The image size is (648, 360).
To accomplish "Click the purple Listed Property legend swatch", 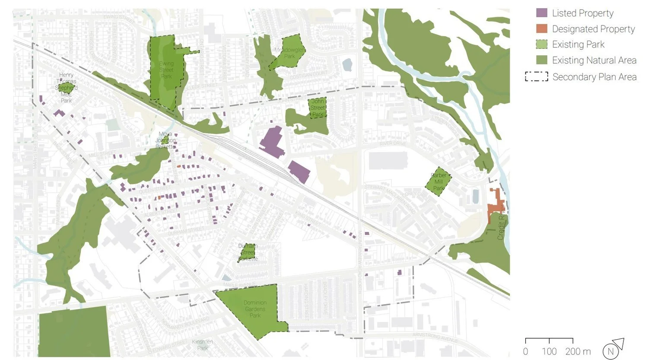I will pos(541,13).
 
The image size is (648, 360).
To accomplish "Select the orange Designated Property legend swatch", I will pos(541,29).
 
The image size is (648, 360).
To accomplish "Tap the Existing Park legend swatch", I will pos(541,45).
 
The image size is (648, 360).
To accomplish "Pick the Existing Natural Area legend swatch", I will pos(541,60).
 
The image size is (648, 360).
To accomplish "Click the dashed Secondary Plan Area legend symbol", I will pos(536,77).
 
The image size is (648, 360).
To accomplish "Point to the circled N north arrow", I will pos(611,351).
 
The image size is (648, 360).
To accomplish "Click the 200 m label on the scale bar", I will pos(578,351).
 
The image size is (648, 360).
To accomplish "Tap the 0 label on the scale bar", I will pos(525,351).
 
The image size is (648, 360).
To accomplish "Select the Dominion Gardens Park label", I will pos(255,309).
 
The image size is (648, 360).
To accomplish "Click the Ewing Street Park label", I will pos(166,70).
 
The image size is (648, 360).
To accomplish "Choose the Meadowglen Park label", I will pos(289,53).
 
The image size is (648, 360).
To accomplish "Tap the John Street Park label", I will pos(318,108).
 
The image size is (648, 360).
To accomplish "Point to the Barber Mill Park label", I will pos(438,182).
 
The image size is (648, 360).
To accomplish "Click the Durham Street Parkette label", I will pos(248,252).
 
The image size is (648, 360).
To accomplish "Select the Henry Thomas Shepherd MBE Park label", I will pos(66,88).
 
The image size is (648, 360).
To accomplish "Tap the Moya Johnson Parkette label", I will pos(165,140).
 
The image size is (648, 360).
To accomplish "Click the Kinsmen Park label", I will pos(203,345).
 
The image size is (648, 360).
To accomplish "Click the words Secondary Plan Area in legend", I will pos(594,77).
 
